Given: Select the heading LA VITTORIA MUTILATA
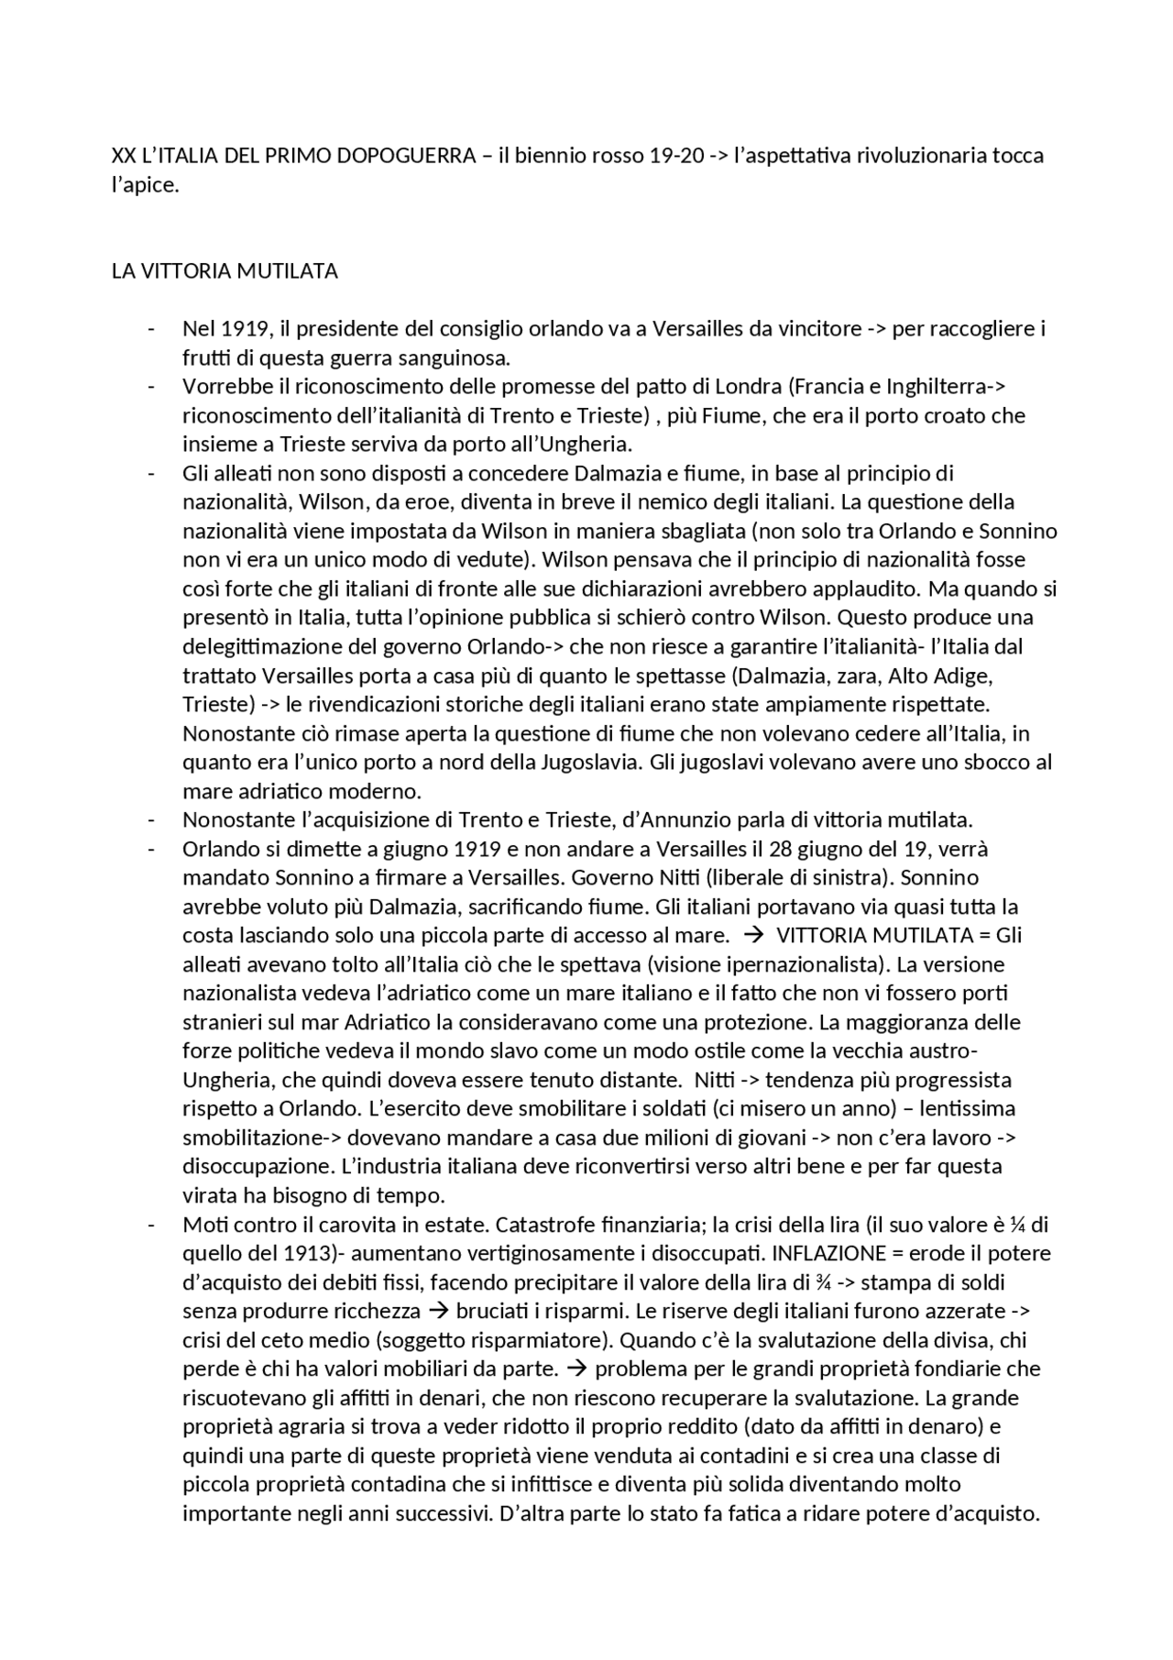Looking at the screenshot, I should pos(225,271).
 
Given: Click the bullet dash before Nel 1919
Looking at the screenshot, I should pos(150,329).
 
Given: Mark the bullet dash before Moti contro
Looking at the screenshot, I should pos(150,1225).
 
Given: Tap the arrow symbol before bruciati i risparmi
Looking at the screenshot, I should pos(439,1311).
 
